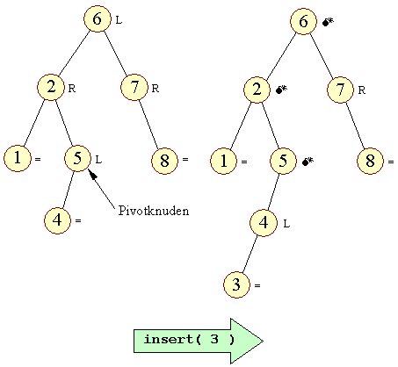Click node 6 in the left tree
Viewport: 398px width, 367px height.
click(x=98, y=18)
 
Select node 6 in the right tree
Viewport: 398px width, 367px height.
click(x=303, y=21)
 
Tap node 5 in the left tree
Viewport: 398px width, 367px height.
click(x=77, y=159)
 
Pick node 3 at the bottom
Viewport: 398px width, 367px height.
click(x=236, y=284)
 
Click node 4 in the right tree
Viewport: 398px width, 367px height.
click(x=264, y=223)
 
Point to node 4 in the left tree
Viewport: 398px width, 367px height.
click(x=57, y=220)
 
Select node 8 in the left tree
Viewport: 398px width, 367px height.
click(x=164, y=161)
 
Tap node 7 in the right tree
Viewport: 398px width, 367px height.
click(x=340, y=90)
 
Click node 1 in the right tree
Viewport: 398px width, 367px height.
click(x=223, y=161)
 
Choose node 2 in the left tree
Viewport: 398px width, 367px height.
click(x=51, y=87)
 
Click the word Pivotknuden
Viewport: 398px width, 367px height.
click(x=154, y=211)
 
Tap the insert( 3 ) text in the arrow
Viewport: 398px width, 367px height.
click(x=189, y=339)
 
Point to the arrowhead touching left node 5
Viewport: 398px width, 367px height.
click(x=92, y=175)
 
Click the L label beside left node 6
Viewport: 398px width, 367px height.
click(x=119, y=20)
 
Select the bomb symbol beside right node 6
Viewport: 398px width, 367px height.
click(x=328, y=22)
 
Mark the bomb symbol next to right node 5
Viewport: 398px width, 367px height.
click(x=308, y=161)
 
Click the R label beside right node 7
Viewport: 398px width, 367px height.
click(x=362, y=90)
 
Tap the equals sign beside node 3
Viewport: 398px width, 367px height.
click(x=257, y=285)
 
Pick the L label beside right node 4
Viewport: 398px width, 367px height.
click(x=286, y=224)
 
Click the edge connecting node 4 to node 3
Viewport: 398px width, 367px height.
click(x=250, y=254)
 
